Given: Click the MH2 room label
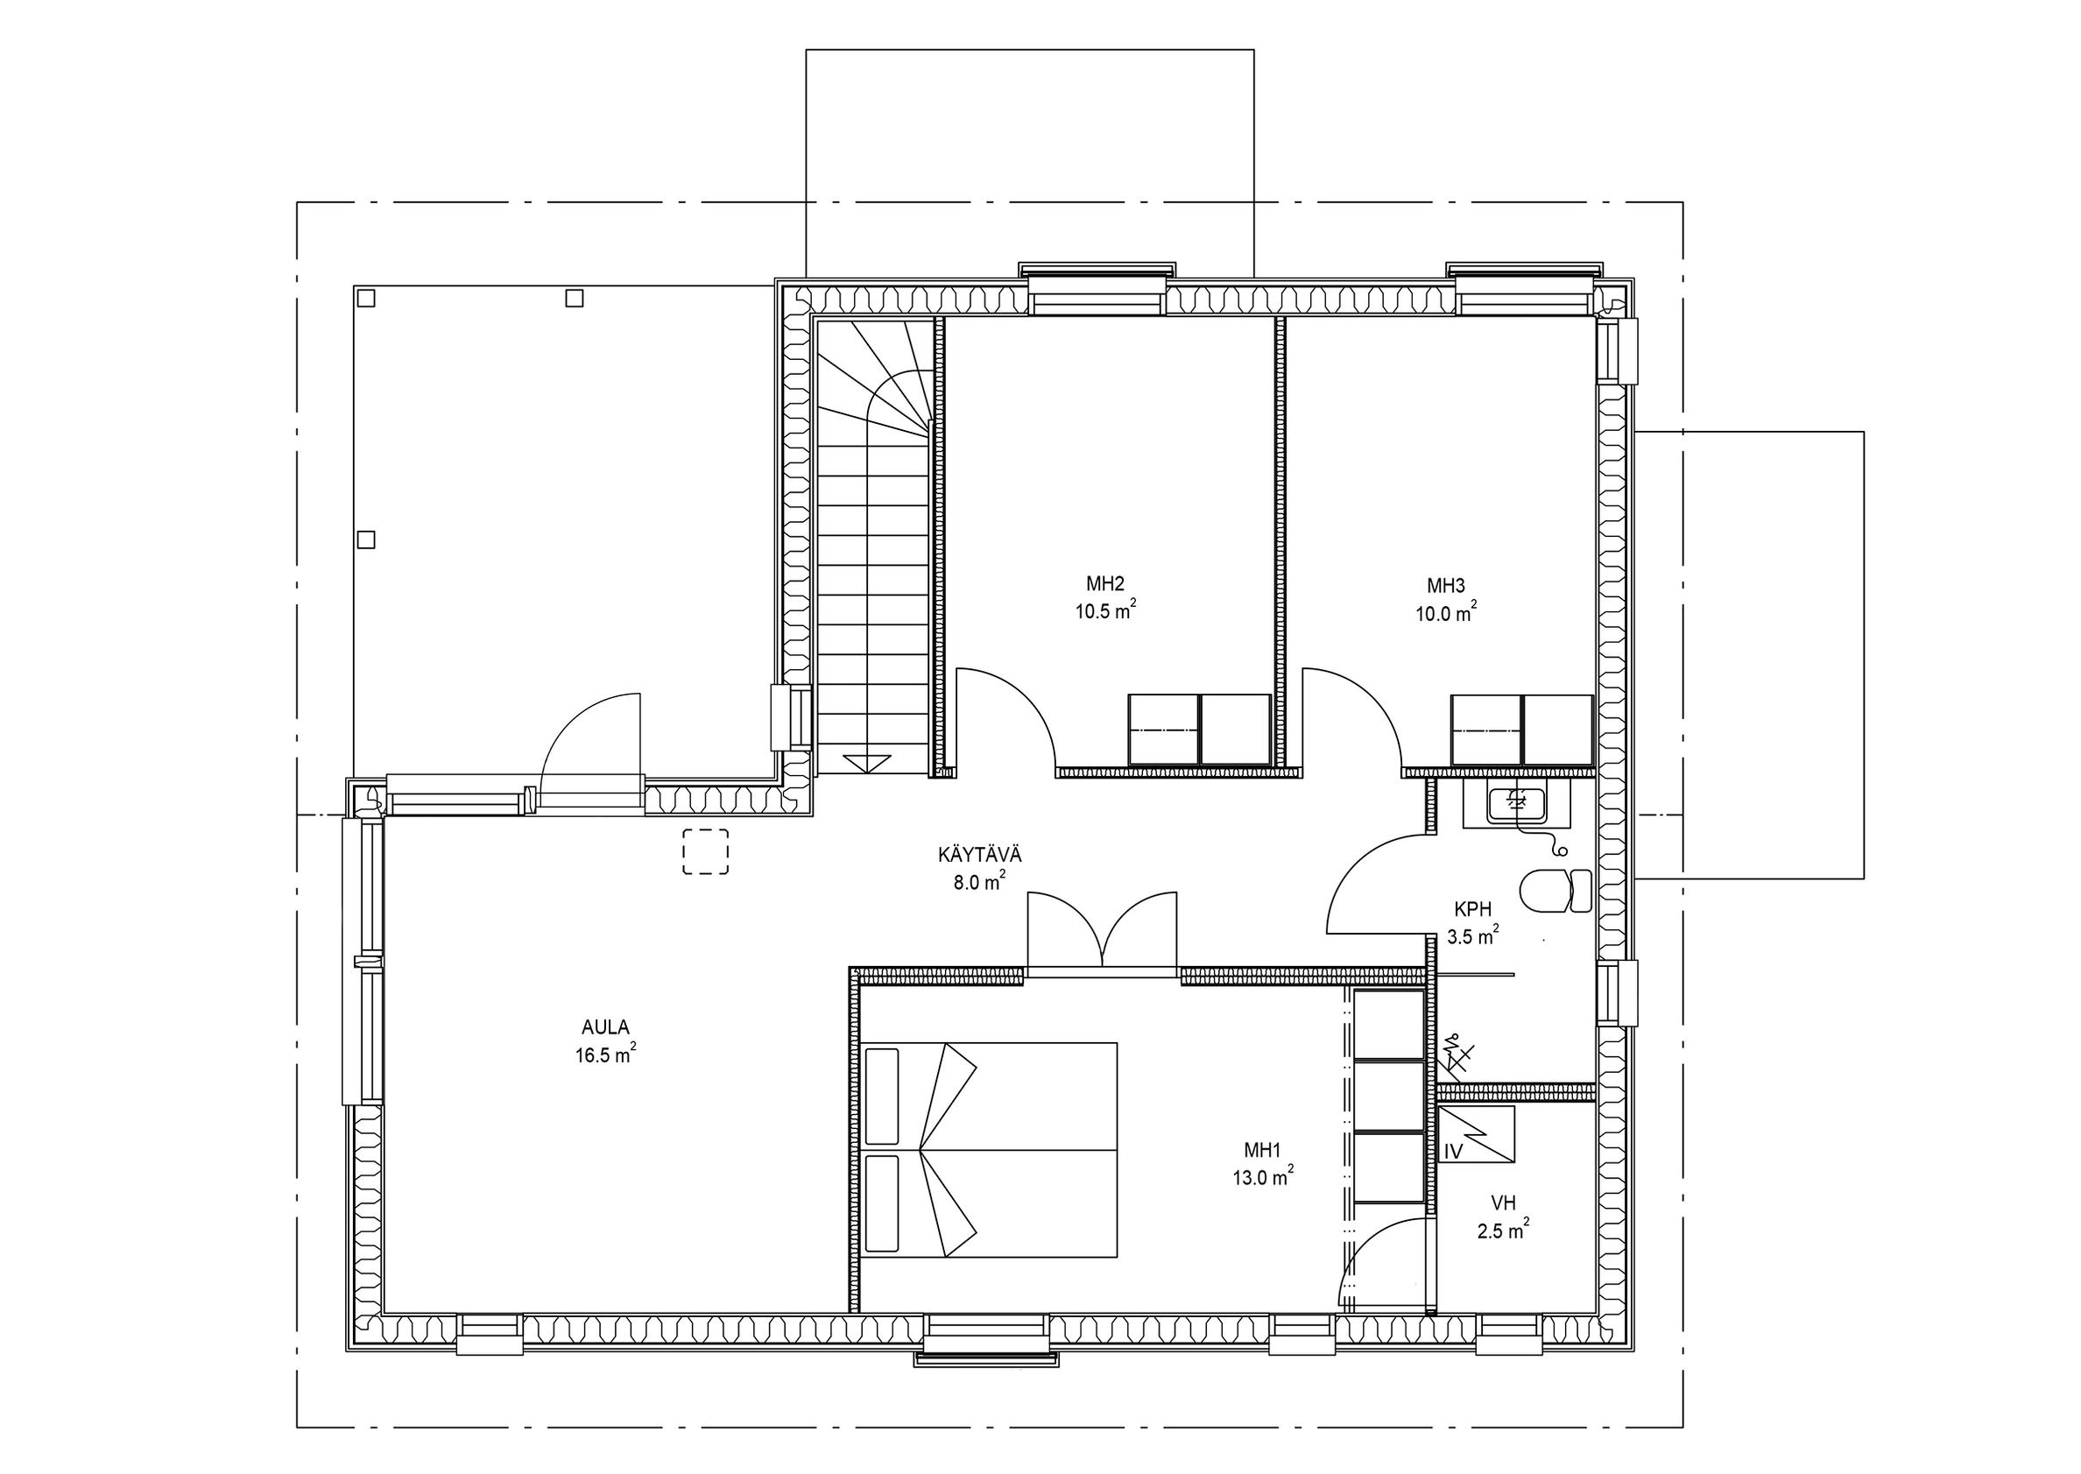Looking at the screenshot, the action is (x=1104, y=583).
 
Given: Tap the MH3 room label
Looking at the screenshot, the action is (x=1446, y=585).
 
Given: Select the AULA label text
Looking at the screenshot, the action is (x=605, y=1027).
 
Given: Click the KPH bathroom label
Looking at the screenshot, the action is (x=1473, y=908).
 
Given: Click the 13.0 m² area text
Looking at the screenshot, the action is (x=1262, y=1178).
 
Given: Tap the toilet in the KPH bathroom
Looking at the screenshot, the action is (x=1555, y=892).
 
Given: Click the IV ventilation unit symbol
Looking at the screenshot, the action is (x=1477, y=1134).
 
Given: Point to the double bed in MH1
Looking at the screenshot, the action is (x=990, y=1150).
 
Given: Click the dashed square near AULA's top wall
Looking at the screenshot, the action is (x=705, y=852).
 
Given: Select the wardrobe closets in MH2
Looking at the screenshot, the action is (x=1199, y=730).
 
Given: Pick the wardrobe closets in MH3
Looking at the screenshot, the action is (x=1522, y=730).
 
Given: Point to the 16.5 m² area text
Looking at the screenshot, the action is (x=605, y=1054).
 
